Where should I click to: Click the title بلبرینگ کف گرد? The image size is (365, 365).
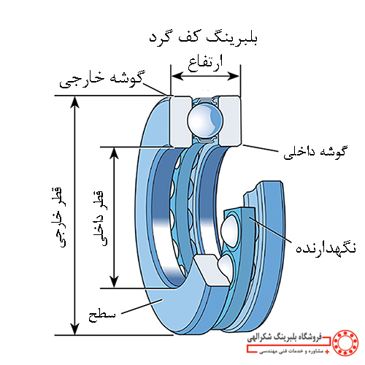[204, 38]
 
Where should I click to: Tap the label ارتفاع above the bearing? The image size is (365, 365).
[205, 64]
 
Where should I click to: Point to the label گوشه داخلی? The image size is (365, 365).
[315, 153]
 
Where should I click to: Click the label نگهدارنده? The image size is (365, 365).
[326, 248]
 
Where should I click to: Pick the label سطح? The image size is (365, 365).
[102, 316]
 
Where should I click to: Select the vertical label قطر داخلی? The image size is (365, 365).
[100, 218]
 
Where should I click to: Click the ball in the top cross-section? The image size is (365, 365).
[205, 121]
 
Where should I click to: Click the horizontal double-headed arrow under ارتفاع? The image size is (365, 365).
[205, 76]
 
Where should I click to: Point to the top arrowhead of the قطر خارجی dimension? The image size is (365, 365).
[75, 101]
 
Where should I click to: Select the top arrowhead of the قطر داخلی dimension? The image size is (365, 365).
[114, 153]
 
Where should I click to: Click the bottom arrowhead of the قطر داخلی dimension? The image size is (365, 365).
[114, 282]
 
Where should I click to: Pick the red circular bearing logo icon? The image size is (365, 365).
[345, 342]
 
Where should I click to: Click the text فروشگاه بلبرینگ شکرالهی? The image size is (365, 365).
[284, 338]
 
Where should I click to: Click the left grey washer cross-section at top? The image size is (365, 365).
[180, 121]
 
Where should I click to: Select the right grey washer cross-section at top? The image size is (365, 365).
[230, 121]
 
